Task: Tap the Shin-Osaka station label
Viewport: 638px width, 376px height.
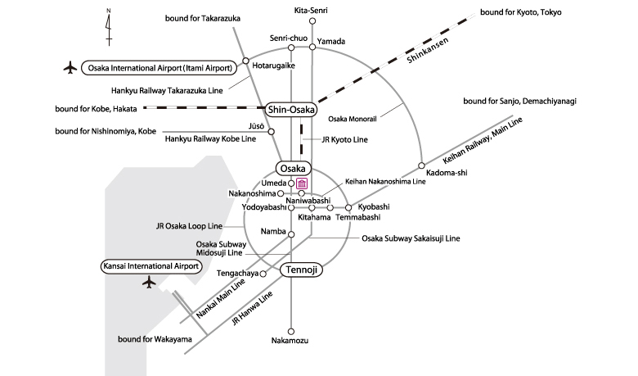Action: pyautogui.click(x=291, y=109)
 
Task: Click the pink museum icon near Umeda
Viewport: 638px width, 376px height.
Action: pyautogui.click(x=302, y=183)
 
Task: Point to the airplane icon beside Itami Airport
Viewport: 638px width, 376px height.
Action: pyautogui.click(x=70, y=67)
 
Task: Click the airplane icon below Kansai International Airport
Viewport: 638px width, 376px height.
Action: pyautogui.click(x=148, y=283)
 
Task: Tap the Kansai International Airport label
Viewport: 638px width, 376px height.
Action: pyautogui.click(x=151, y=266)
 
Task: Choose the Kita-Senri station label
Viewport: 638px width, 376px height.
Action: pyautogui.click(x=312, y=10)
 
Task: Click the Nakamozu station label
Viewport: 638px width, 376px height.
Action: pyautogui.click(x=290, y=340)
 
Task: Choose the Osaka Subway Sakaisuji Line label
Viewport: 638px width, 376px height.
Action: pyautogui.click(x=411, y=238)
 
